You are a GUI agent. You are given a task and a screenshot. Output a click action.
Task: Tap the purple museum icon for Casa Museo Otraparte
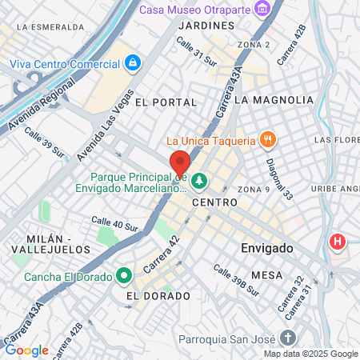point(261,9)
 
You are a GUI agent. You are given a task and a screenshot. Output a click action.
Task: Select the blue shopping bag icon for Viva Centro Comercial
point(132,62)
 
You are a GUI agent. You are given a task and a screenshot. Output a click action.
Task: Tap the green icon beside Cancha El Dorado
point(123,277)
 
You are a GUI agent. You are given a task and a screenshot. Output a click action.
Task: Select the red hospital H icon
point(338,241)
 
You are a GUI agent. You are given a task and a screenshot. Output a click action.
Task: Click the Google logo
point(26,350)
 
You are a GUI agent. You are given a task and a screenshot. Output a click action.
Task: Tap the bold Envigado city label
point(267,249)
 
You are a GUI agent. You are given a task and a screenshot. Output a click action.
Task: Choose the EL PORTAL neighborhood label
point(166,102)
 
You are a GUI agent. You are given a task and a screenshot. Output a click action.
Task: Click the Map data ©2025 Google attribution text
point(310,353)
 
